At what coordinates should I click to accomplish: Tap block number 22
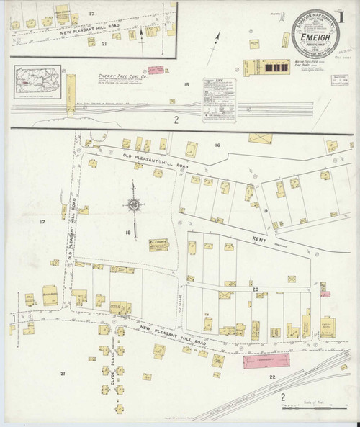click(272, 377)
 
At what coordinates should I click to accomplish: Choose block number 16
click(216, 145)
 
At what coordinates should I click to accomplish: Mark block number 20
click(255, 289)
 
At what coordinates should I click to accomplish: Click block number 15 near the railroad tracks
click(186, 86)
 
